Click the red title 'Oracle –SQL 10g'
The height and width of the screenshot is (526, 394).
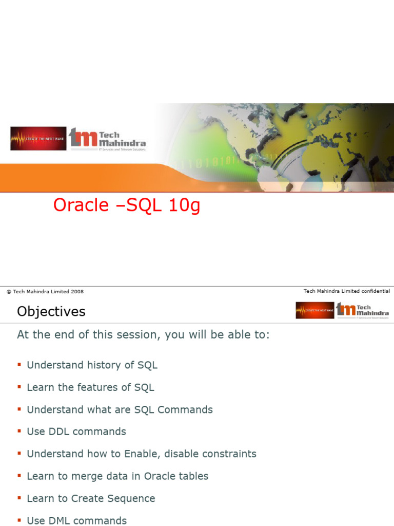tap(127, 205)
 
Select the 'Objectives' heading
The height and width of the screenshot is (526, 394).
tap(51, 312)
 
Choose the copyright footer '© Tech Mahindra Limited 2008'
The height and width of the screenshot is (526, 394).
tap(45, 292)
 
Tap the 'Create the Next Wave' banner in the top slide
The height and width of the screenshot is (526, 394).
tap(38, 139)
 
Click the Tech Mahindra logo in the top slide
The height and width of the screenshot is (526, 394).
tap(108, 139)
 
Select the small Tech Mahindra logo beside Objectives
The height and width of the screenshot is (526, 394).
tap(362, 310)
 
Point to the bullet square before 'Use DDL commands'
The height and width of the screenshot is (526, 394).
tap(19, 431)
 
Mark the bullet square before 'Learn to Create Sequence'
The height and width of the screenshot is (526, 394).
tap(19, 498)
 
